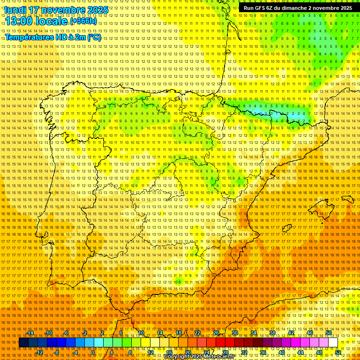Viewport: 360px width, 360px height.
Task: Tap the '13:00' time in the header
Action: [20, 22]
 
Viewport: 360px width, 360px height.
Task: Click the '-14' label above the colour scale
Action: [30, 333]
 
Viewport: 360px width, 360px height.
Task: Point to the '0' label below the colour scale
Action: [93, 352]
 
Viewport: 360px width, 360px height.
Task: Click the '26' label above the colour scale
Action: [216, 333]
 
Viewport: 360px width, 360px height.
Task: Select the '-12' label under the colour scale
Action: [39, 352]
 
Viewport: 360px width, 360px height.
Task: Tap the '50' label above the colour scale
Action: [329, 333]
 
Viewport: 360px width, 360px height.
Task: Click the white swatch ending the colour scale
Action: [333, 343]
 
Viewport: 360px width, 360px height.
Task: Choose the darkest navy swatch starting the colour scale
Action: [23, 343]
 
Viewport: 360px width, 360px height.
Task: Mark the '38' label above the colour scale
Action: [272, 333]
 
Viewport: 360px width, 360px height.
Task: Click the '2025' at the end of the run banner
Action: [346, 8]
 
